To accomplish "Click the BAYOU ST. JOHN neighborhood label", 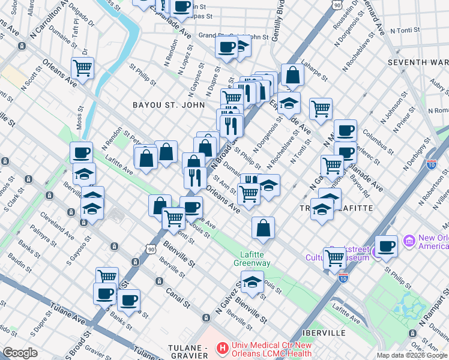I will coord(163,106).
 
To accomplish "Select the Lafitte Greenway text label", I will coord(252,259).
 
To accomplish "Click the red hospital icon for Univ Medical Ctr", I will coord(223,347).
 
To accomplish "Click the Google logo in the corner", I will coord(20,353).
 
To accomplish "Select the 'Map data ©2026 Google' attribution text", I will coord(412,355).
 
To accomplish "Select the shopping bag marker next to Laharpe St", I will coord(292,75).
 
